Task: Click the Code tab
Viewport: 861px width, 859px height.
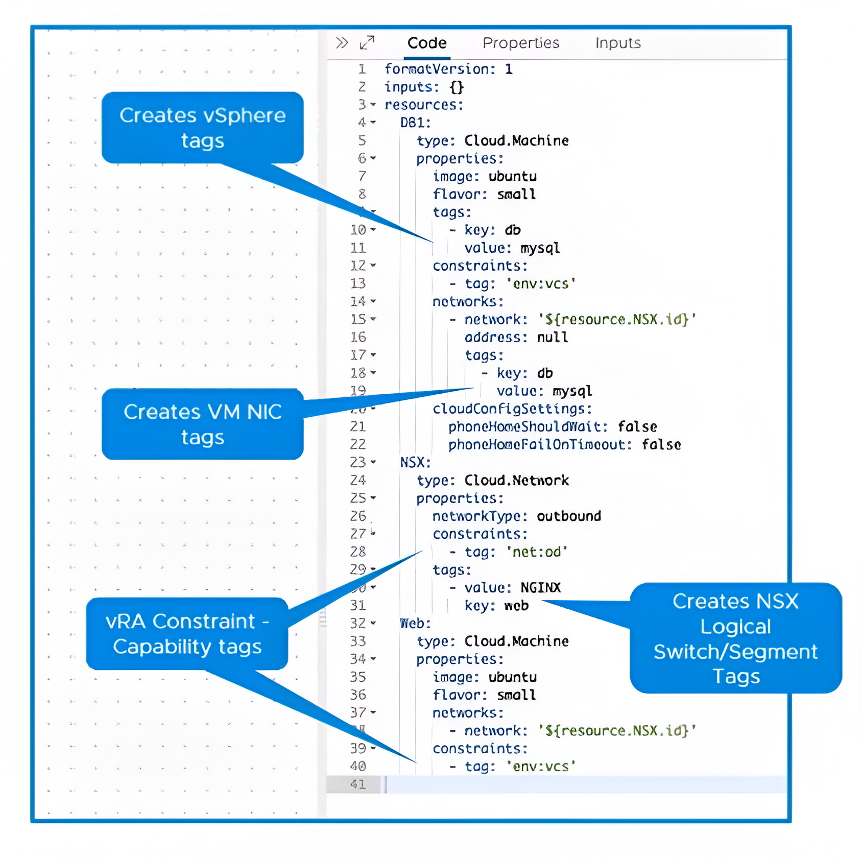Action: click(x=426, y=43)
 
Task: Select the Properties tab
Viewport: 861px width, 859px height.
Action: click(x=520, y=43)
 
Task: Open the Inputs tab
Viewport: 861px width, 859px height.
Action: click(x=617, y=43)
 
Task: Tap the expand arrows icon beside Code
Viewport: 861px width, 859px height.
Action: click(x=367, y=43)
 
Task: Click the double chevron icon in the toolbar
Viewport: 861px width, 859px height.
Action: click(x=342, y=43)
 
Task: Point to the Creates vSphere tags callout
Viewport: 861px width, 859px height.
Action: click(x=202, y=128)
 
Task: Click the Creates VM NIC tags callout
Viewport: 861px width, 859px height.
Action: click(x=202, y=424)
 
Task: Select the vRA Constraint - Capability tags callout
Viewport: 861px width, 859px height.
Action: click(x=187, y=634)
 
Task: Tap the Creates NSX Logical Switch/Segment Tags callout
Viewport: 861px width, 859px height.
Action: click(x=735, y=638)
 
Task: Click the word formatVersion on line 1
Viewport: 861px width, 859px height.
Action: click(x=436, y=69)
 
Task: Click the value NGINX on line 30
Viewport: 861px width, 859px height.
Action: click(x=540, y=588)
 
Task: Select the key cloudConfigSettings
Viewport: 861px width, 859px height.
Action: click(x=511, y=409)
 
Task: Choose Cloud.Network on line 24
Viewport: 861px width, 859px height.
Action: click(x=516, y=481)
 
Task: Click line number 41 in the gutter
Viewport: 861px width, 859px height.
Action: click(x=358, y=784)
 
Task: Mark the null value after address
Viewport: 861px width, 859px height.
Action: click(x=552, y=338)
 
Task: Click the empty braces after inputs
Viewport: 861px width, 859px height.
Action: click(x=457, y=87)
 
